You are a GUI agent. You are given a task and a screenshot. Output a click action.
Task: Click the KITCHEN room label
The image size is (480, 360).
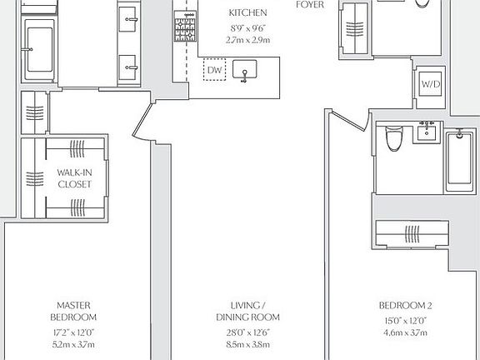(x=247, y=13)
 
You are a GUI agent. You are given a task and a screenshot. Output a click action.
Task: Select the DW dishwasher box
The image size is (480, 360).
(x=213, y=71)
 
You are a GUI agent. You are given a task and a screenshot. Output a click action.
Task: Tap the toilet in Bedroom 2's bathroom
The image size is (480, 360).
(x=392, y=142)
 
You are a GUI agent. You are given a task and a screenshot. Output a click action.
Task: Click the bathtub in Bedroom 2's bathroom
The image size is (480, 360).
(x=457, y=163)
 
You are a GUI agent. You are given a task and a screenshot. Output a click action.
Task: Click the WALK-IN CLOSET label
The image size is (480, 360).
(x=74, y=178)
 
